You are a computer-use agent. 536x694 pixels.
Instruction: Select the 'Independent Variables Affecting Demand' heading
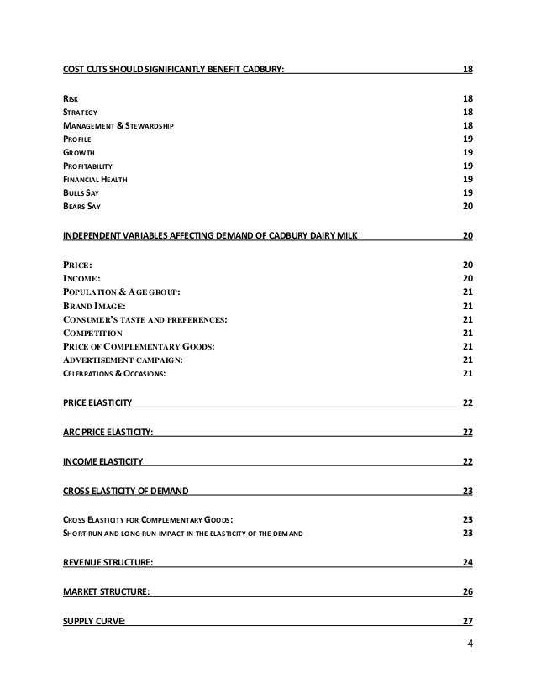point(214,234)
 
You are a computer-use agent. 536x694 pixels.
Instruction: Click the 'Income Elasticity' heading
point(103,462)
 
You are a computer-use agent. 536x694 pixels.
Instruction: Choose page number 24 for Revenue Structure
point(467,562)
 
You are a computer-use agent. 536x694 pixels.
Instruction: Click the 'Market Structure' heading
point(107,591)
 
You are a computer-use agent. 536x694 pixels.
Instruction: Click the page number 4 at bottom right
point(469,644)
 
